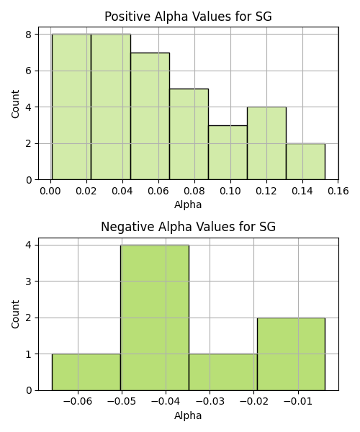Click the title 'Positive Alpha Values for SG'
click(x=188, y=17)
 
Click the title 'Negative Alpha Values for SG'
click(x=188, y=227)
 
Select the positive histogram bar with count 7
click(x=150, y=116)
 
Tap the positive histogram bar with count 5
click(x=189, y=134)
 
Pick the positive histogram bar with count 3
click(x=228, y=153)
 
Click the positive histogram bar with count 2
click(x=305, y=161)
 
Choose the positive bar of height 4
click(x=266, y=143)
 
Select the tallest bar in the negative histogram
click(x=155, y=318)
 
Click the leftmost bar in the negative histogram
click(x=86, y=372)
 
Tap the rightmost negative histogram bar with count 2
click(x=291, y=354)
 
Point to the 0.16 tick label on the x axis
click(x=338, y=191)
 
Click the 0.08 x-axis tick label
click(x=194, y=191)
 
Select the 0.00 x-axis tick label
click(x=50, y=191)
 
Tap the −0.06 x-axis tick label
click(x=78, y=402)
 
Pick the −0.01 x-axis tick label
click(x=298, y=402)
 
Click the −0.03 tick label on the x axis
click(x=210, y=402)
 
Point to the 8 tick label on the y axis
click(x=29, y=35)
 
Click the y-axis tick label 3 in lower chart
click(x=29, y=282)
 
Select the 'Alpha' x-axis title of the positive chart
click(x=188, y=204)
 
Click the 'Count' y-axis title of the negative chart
click(x=15, y=314)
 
